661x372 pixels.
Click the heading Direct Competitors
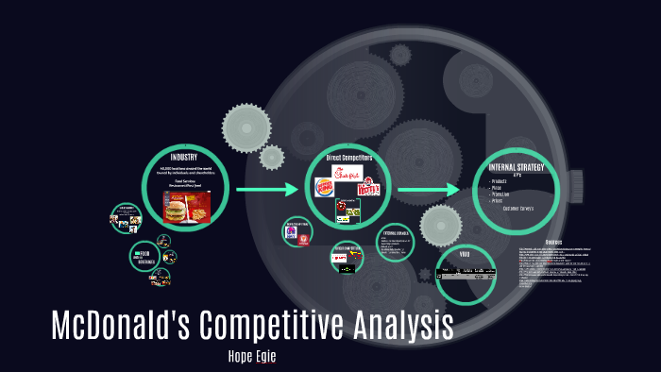pos(348,158)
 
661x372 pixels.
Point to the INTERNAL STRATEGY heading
pos(517,167)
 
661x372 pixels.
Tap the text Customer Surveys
pos(519,208)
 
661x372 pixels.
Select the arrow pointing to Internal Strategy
pos(429,190)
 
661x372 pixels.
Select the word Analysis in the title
pos(403,325)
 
